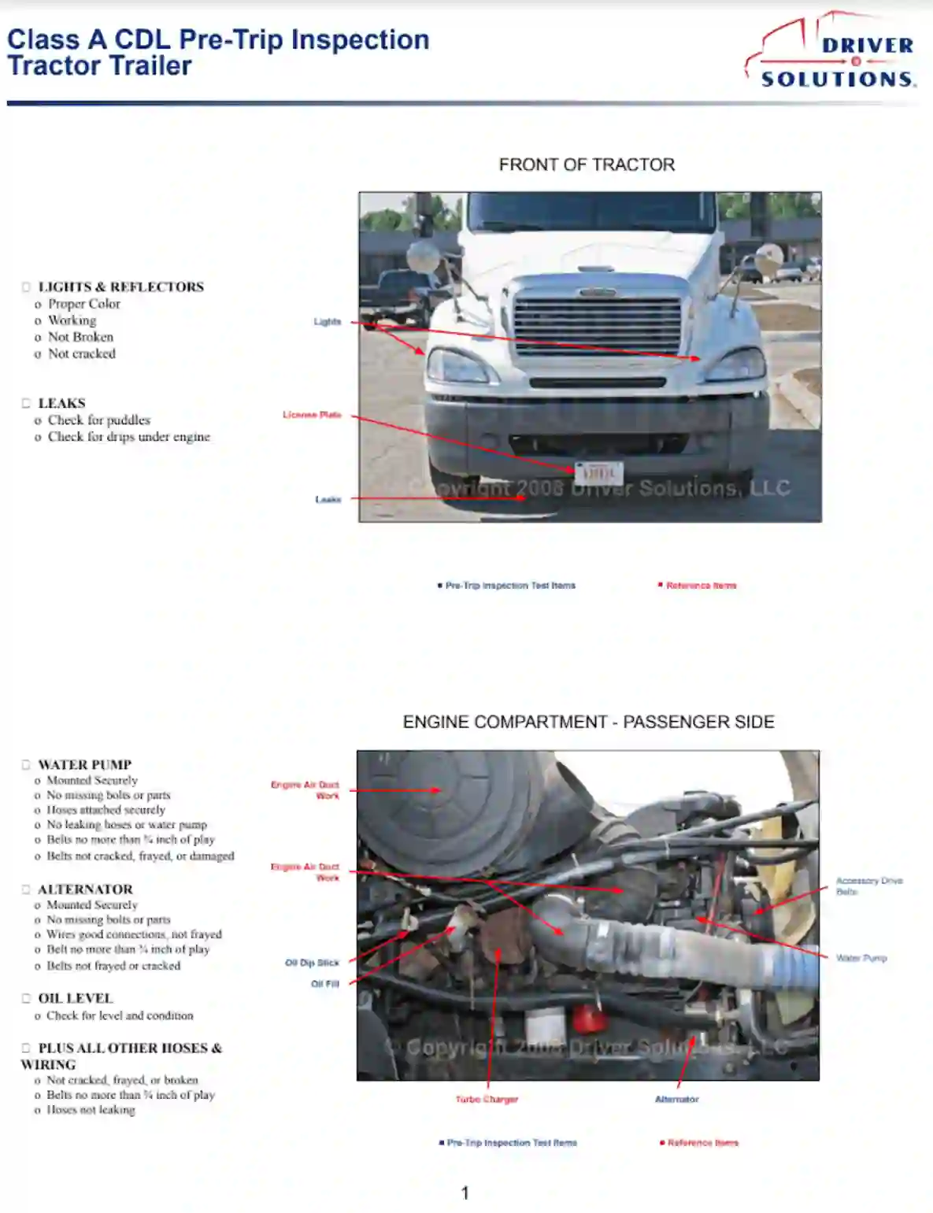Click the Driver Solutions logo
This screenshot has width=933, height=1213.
pos(831,52)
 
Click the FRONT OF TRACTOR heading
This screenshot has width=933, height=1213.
pos(587,165)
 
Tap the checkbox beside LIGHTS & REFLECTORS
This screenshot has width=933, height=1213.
pos(26,287)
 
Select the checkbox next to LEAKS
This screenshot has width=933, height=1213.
pos(26,403)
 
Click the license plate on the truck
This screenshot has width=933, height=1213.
pos(598,473)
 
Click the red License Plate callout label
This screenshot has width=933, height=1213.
pos(312,415)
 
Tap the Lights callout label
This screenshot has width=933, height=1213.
pos(328,321)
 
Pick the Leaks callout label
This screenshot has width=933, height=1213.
pos(328,499)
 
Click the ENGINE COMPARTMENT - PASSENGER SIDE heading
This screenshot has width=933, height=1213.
pos(588,722)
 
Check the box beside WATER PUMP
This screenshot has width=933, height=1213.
pos(26,764)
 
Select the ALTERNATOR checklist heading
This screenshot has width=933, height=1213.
pos(85,889)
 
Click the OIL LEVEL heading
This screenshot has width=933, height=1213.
pos(76,998)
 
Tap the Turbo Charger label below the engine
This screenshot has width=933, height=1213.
pos(487,1099)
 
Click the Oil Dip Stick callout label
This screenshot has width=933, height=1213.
pos(312,963)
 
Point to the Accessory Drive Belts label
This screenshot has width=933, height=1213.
pos(868,886)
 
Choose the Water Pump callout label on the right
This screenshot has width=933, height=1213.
pos(861,958)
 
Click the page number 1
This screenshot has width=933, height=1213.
pos(465,1193)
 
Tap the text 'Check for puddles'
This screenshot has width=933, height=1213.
pos(98,420)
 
